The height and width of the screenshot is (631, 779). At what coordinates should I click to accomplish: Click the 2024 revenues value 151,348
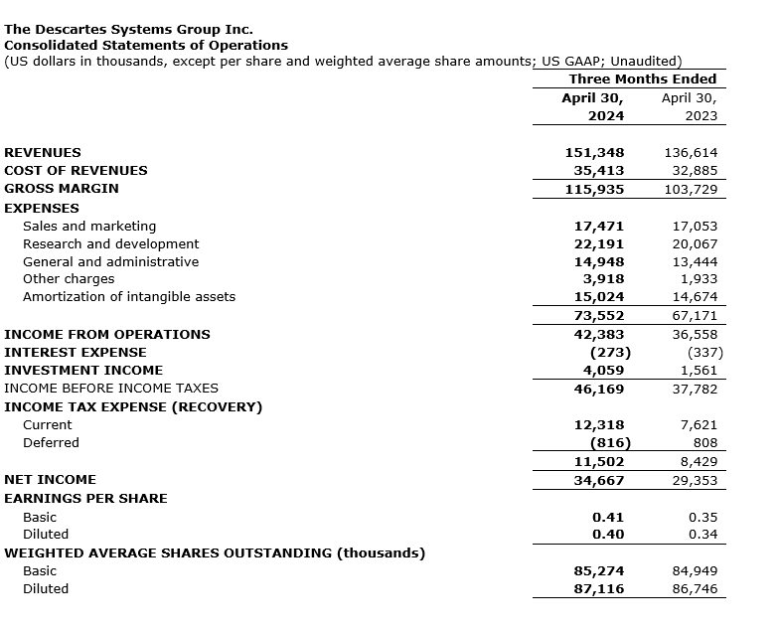[x=594, y=153]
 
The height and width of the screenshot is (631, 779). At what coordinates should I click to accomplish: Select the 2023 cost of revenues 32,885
[x=691, y=171]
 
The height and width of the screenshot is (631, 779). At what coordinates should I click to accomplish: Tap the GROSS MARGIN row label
[x=62, y=189]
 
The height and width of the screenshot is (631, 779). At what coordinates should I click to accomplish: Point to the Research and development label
[x=110, y=244]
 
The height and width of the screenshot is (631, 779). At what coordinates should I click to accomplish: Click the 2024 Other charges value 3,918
[x=602, y=279]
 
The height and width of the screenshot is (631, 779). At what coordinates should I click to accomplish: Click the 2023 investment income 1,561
[x=699, y=371]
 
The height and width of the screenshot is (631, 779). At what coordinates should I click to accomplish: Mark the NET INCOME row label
[x=51, y=480]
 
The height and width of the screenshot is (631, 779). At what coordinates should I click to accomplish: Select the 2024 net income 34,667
[x=598, y=481]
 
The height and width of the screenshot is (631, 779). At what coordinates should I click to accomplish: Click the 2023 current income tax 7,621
[x=699, y=425]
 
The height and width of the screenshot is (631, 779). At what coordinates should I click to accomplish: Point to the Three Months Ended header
[x=642, y=79]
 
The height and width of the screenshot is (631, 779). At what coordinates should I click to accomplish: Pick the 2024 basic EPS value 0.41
[x=608, y=518]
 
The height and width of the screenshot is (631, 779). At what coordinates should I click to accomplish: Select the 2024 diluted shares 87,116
[x=598, y=589]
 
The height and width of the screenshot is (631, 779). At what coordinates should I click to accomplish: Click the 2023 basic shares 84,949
[x=691, y=571]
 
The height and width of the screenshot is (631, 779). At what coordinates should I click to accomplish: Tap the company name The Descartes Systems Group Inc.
[x=129, y=30]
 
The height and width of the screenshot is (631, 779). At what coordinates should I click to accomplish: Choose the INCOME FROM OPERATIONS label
[x=107, y=335]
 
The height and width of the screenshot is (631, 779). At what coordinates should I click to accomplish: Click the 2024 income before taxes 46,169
[x=598, y=389]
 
